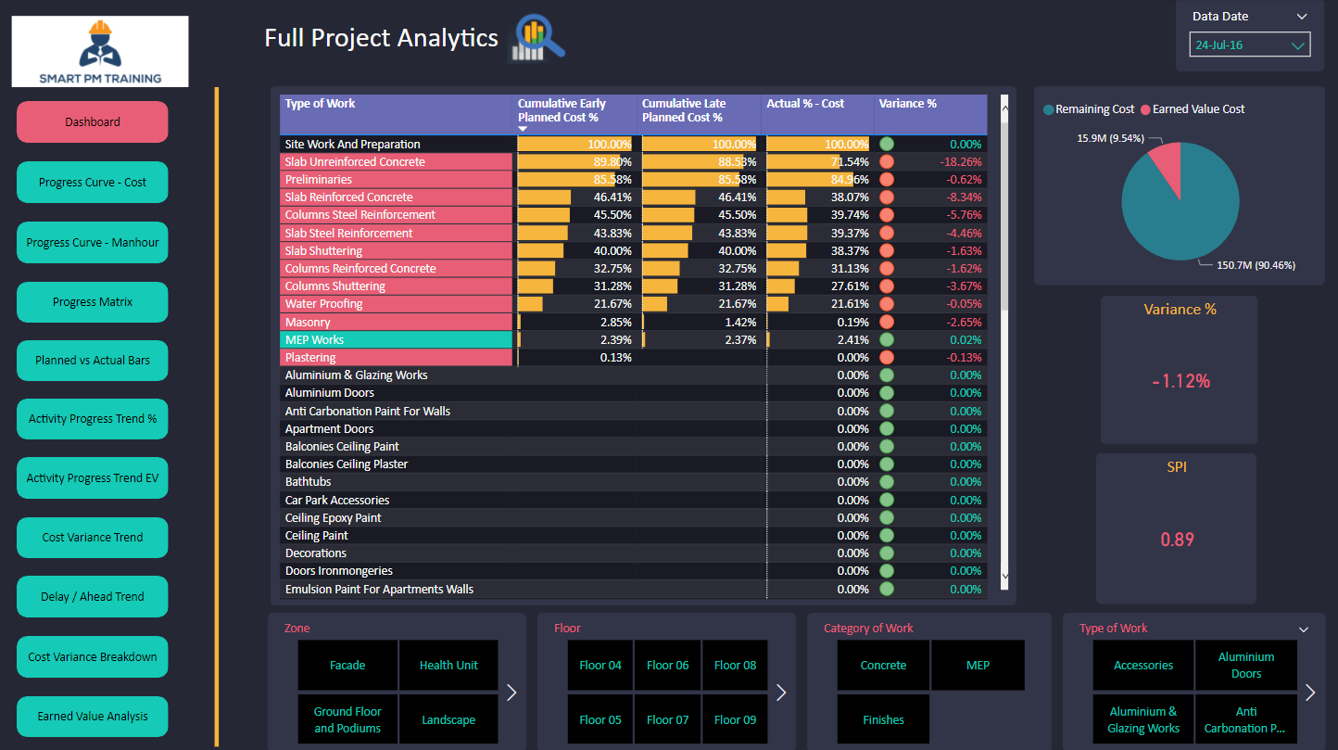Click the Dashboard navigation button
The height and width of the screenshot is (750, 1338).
(x=93, y=122)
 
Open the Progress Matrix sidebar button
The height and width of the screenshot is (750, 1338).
(x=93, y=302)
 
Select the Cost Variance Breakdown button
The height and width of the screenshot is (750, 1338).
(x=93, y=657)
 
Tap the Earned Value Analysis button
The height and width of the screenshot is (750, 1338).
(x=93, y=717)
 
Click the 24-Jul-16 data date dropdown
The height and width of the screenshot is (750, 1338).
(x=1250, y=44)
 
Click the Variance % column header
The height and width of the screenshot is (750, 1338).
(x=907, y=104)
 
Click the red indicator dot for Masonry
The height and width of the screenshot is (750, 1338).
(x=887, y=323)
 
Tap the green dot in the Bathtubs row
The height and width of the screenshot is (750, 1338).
(x=887, y=482)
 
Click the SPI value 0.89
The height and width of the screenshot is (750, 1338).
(x=1177, y=540)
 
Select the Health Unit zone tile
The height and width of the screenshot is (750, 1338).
(x=448, y=666)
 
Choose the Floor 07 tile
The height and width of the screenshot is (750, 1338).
(x=668, y=720)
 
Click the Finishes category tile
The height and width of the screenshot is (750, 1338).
(x=883, y=720)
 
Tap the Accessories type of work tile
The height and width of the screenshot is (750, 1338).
(x=1143, y=666)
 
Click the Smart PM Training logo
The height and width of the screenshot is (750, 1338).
(x=100, y=52)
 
